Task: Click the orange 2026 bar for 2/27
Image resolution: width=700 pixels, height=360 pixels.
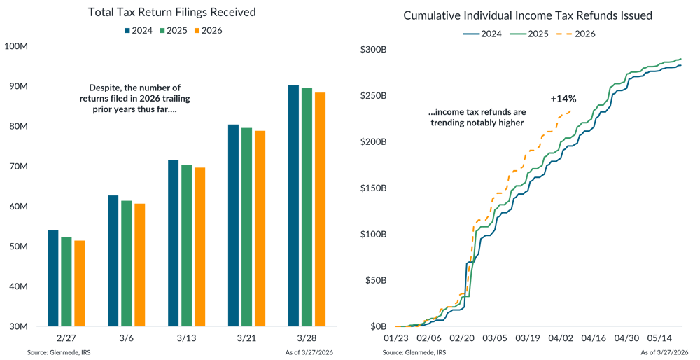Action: [78, 283]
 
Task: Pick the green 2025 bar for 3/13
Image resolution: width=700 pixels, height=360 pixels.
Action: [186, 245]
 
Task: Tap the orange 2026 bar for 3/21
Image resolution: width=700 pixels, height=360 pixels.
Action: [260, 228]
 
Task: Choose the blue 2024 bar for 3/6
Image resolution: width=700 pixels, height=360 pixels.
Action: [113, 260]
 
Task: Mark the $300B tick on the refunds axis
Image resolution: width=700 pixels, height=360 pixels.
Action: [373, 49]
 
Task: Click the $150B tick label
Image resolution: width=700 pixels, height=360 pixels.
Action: [373, 188]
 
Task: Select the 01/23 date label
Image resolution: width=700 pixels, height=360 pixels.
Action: [395, 338]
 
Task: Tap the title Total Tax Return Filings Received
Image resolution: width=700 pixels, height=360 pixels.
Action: [171, 12]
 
